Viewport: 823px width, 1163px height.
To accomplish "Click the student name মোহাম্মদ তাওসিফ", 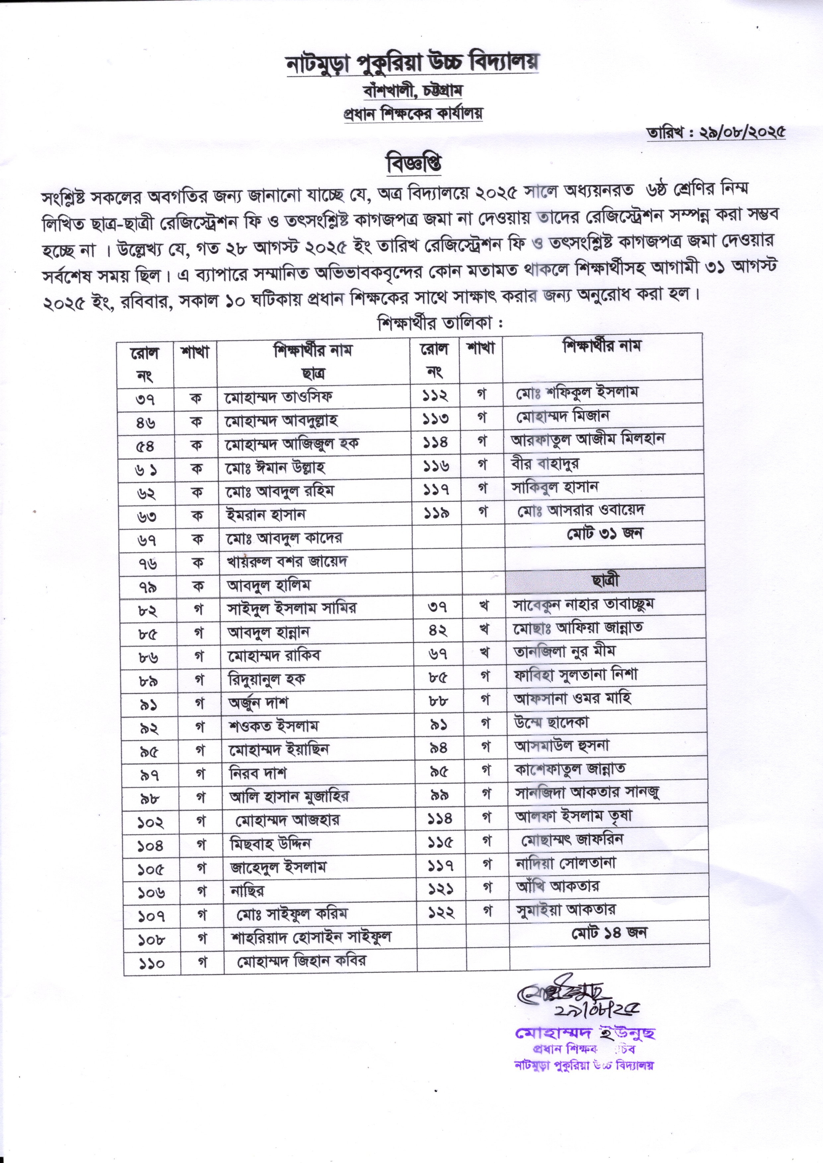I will coord(279,397).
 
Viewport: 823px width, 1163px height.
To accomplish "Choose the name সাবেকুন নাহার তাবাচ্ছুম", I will coord(583,604).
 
